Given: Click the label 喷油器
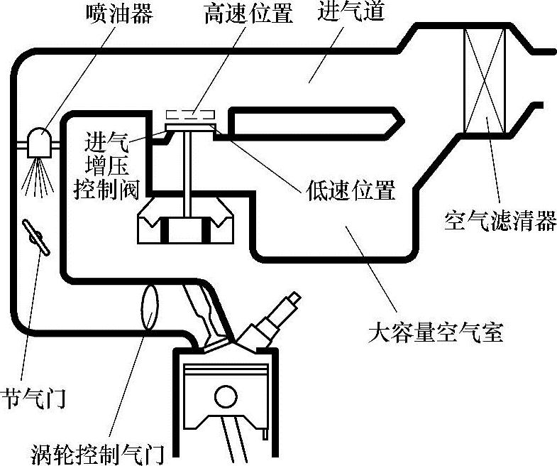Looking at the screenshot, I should [118, 13].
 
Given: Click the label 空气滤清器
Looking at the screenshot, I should [500, 220].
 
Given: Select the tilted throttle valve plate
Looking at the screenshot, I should [36, 238].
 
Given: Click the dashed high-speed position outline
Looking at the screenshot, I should [189, 115].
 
